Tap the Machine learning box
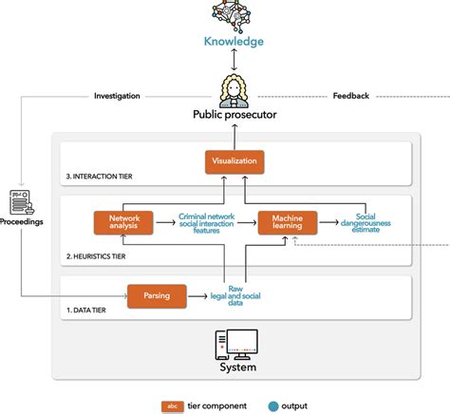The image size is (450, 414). (287, 222)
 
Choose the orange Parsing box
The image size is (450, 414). (157, 295)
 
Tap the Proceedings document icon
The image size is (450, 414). (21, 202)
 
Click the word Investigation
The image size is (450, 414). (117, 96)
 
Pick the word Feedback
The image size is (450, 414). (351, 96)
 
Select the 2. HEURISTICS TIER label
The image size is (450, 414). (98, 257)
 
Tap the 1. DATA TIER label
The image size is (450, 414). (87, 310)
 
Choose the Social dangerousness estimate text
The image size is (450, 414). (366, 222)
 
